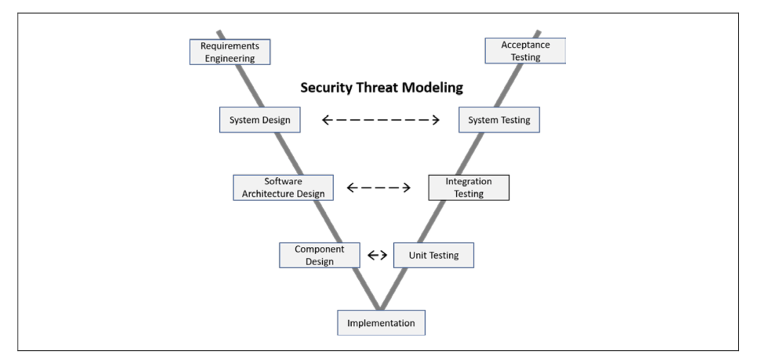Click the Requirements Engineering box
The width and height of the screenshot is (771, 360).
pos(230,52)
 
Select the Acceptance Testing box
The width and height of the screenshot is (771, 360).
pos(525,51)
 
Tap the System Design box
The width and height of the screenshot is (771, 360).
pos(260,120)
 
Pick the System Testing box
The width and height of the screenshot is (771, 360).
pos(499,120)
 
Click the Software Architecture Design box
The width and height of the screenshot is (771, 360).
pos(283,188)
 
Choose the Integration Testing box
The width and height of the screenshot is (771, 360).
pos(468,188)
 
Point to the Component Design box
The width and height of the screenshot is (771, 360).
pos(319,255)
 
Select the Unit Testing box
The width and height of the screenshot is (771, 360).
pos(433,255)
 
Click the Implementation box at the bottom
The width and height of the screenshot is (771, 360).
pos(381,323)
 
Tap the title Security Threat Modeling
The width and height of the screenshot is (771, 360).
pos(381,87)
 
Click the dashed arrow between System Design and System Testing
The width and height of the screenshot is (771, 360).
pos(380,120)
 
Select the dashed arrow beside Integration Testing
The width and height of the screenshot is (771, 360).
pos(379,188)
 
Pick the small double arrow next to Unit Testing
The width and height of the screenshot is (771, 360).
pos(377,255)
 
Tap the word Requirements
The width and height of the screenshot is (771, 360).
pos(230,46)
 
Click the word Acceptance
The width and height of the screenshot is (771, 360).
pos(525,45)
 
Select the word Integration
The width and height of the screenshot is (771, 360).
pos(468,182)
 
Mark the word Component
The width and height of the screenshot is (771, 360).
pos(319,250)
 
